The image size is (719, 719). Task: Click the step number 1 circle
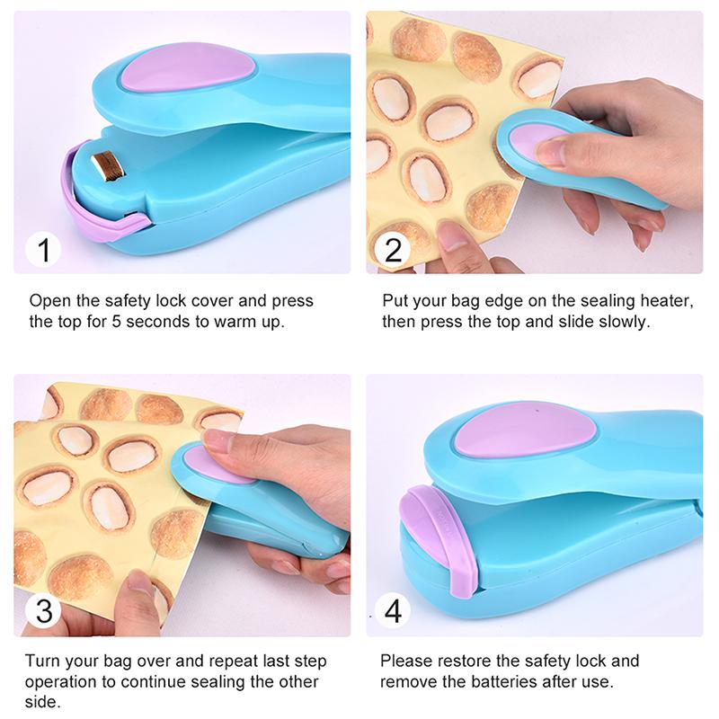tap(42, 250)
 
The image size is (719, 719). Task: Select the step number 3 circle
tap(42, 611)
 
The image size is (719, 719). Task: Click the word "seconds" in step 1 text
tap(146, 322)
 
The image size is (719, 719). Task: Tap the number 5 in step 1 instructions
tap(101, 322)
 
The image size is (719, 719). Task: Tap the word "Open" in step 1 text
tap(48, 301)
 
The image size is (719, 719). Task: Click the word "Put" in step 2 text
tap(395, 301)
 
